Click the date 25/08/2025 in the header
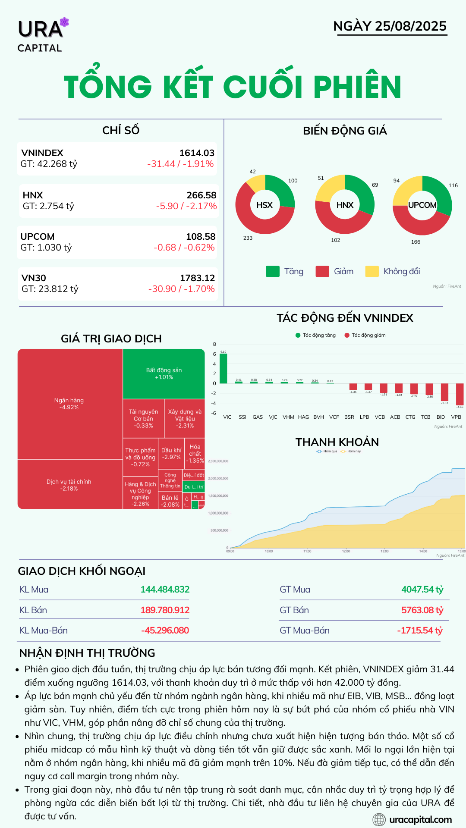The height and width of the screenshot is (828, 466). (410, 26)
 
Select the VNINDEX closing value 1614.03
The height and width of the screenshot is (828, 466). (197, 153)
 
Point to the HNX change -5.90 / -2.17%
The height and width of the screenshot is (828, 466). (186, 206)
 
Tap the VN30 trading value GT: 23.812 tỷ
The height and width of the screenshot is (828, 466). (50, 289)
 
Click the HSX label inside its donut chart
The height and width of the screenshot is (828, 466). (264, 205)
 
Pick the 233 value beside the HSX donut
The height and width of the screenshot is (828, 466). (248, 238)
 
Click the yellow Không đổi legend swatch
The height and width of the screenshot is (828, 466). (372, 271)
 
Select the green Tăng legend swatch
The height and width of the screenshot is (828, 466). (273, 271)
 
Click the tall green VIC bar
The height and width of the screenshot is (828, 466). (223, 368)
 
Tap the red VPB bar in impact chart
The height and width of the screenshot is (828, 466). (460, 394)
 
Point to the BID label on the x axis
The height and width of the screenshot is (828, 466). (441, 417)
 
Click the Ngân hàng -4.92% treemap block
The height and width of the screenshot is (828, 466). (69, 404)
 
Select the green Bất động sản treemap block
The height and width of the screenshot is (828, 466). (164, 373)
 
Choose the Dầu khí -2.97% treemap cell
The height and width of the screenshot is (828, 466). (171, 453)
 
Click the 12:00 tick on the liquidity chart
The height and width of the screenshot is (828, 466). (346, 551)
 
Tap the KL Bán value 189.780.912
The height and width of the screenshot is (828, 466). (165, 610)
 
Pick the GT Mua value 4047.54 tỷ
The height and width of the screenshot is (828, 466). (422, 590)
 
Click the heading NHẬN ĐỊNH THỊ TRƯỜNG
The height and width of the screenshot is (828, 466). (87, 653)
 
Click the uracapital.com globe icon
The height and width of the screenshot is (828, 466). (379, 819)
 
